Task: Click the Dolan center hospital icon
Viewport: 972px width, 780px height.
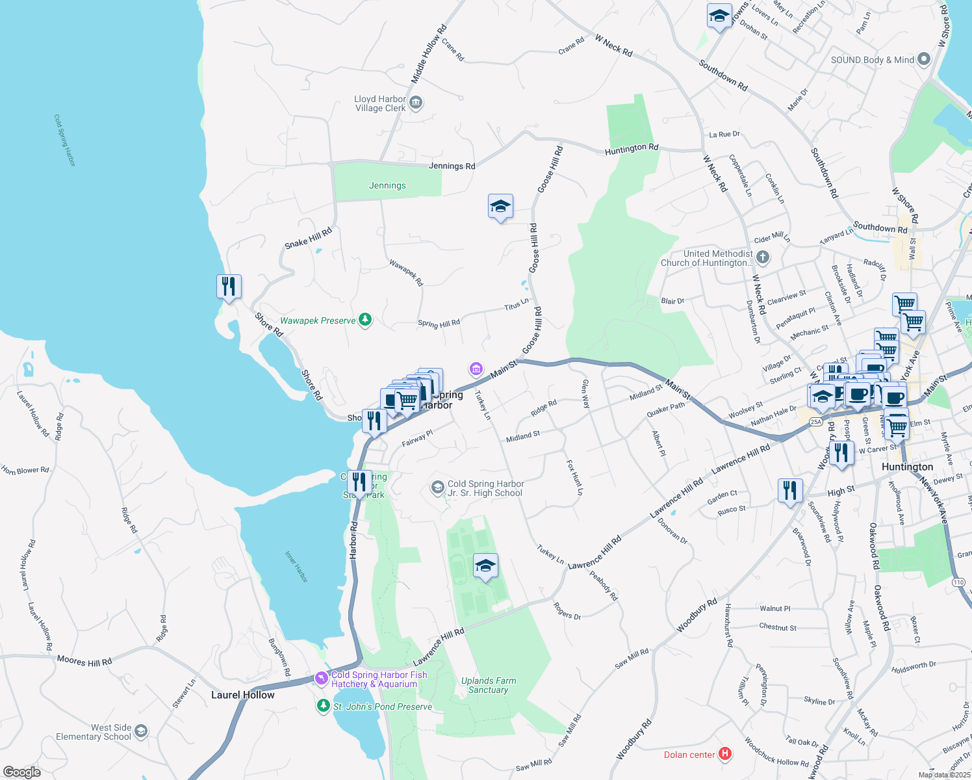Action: (725, 754)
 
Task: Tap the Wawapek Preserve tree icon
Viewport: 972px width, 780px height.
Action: (365, 320)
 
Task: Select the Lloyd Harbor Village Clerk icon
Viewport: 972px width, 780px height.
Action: (416, 103)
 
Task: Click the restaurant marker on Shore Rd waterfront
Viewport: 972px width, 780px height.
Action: (229, 286)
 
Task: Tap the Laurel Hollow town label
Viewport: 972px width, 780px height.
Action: (243, 695)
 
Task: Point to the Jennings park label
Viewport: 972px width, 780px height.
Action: (387, 185)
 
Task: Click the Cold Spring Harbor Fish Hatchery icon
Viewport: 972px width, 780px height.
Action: (322, 679)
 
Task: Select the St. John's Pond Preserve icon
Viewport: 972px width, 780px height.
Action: (323, 706)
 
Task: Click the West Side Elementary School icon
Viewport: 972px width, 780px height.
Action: (140, 732)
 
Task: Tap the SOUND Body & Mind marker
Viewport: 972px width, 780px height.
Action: (923, 60)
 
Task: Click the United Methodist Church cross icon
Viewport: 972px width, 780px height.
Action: (762, 258)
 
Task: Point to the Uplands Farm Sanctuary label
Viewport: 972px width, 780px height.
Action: (489, 685)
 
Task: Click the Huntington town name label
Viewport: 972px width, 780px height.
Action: (907, 467)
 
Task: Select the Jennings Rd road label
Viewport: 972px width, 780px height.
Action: (452, 166)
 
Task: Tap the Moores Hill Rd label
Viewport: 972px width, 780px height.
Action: (84, 661)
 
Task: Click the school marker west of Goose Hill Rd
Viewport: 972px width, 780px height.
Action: (500, 207)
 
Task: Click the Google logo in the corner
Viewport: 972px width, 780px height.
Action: (21, 772)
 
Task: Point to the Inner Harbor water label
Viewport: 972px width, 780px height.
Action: (296, 566)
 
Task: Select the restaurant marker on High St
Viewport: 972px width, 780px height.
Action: (789, 491)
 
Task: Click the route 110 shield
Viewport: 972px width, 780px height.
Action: (958, 582)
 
